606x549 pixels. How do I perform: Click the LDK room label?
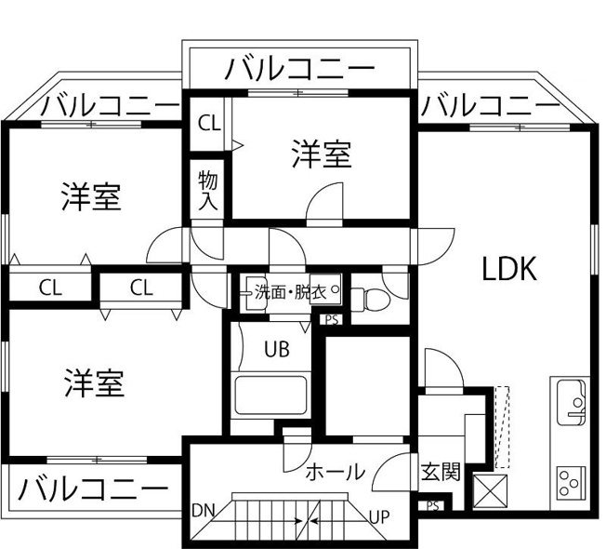pyautogui.click(x=509, y=269)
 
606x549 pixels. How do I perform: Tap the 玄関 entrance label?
pyautogui.click(x=441, y=472)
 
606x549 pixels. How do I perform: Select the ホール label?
pyautogui.click(x=336, y=472)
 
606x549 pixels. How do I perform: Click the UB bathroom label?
pyautogui.click(x=277, y=349)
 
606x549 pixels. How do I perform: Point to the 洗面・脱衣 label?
pyautogui.click(x=291, y=293)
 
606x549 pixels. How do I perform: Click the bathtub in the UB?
pyautogui.click(x=270, y=395)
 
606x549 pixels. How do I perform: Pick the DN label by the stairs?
pyautogui.click(x=204, y=511)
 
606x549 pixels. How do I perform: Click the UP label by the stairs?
pyautogui.click(x=379, y=516)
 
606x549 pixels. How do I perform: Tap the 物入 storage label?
pyautogui.click(x=208, y=191)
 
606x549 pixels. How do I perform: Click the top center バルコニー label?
pyautogui.click(x=300, y=69)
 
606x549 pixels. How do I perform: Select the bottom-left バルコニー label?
pyautogui.click(x=93, y=489)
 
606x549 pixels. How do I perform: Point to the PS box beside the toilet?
pyautogui.click(x=332, y=320)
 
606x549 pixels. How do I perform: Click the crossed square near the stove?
pyautogui.click(x=490, y=490)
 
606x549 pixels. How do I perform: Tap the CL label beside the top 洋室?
pyautogui.click(x=209, y=124)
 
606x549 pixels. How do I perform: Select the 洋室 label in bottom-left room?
pyautogui.click(x=94, y=383)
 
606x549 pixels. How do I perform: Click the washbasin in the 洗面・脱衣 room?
pyautogui.click(x=253, y=293)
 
